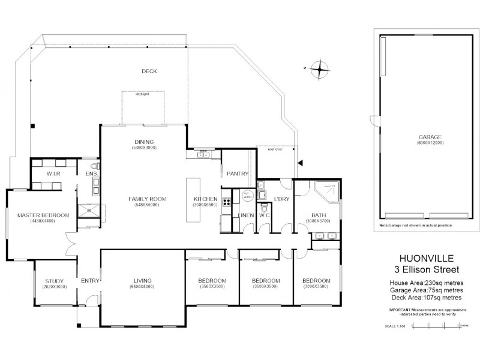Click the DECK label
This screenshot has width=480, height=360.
coord(149,71)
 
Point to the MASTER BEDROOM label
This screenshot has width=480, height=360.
coord(43,215)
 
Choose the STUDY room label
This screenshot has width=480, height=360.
coord(55,280)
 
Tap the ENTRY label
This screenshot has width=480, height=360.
coord(89,280)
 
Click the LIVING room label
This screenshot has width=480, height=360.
coord(142,280)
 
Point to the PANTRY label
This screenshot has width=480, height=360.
coord(237,174)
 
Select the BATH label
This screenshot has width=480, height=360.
coord(318,215)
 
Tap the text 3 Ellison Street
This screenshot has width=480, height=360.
coord(426,270)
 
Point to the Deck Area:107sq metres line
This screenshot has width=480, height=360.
coord(426,297)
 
